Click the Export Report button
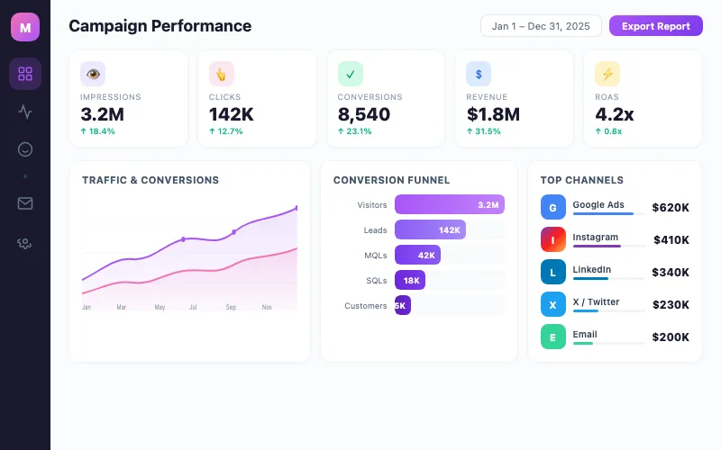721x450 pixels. point(655,26)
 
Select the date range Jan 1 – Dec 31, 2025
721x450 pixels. point(541,26)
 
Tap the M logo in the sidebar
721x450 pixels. point(25,28)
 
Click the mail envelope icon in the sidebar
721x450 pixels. point(25,202)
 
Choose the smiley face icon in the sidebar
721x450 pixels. point(25,149)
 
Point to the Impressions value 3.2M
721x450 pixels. point(102,114)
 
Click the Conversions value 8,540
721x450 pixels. point(363,114)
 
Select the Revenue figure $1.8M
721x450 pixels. point(493,114)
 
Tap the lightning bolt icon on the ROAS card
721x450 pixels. point(607,74)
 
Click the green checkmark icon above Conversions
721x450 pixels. point(351,74)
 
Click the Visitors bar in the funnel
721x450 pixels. point(449,204)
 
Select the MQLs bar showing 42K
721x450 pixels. point(417,255)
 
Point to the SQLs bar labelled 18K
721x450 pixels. point(409,280)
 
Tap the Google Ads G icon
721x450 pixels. point(553,207)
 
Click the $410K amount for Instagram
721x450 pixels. point(671,240)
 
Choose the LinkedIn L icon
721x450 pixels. point(553,272)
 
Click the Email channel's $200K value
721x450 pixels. point(671,337)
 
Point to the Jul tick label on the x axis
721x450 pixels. point(193,307)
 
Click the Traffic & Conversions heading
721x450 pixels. point(151,180)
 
